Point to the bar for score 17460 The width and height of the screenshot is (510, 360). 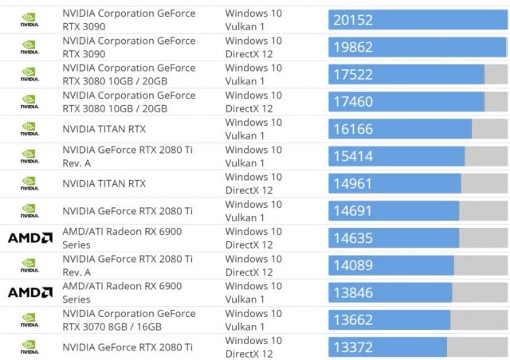pos(406,102)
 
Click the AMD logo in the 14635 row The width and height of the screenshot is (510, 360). pos(29,238)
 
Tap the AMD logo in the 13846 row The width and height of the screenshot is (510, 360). pos(29,292)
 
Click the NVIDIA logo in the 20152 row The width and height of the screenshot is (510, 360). pos(29,20)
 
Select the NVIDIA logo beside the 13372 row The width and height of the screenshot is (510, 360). pos(29,347)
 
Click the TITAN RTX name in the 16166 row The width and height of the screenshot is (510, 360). pos(104,129)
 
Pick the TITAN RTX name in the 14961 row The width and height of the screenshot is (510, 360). pos(104,183)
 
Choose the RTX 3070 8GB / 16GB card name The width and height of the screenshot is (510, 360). pos(128,320)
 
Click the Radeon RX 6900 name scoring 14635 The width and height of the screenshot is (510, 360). pos(122,238)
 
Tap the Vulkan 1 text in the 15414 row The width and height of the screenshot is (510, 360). pos(245,162)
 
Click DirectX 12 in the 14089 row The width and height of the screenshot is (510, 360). pos(249,272)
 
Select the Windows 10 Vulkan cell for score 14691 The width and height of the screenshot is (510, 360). pos(253,210)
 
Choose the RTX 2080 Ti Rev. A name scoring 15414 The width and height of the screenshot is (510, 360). pos(127,156)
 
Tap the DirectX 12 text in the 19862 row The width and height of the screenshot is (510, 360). pos(249,54)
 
